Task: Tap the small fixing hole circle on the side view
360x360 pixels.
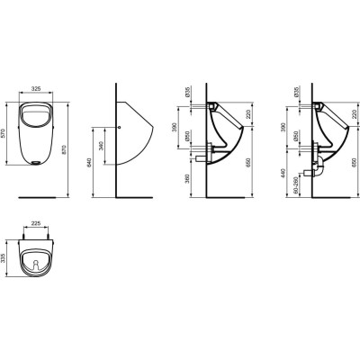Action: tap(121, 126)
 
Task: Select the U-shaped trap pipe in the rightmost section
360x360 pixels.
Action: tap(316, 167)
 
